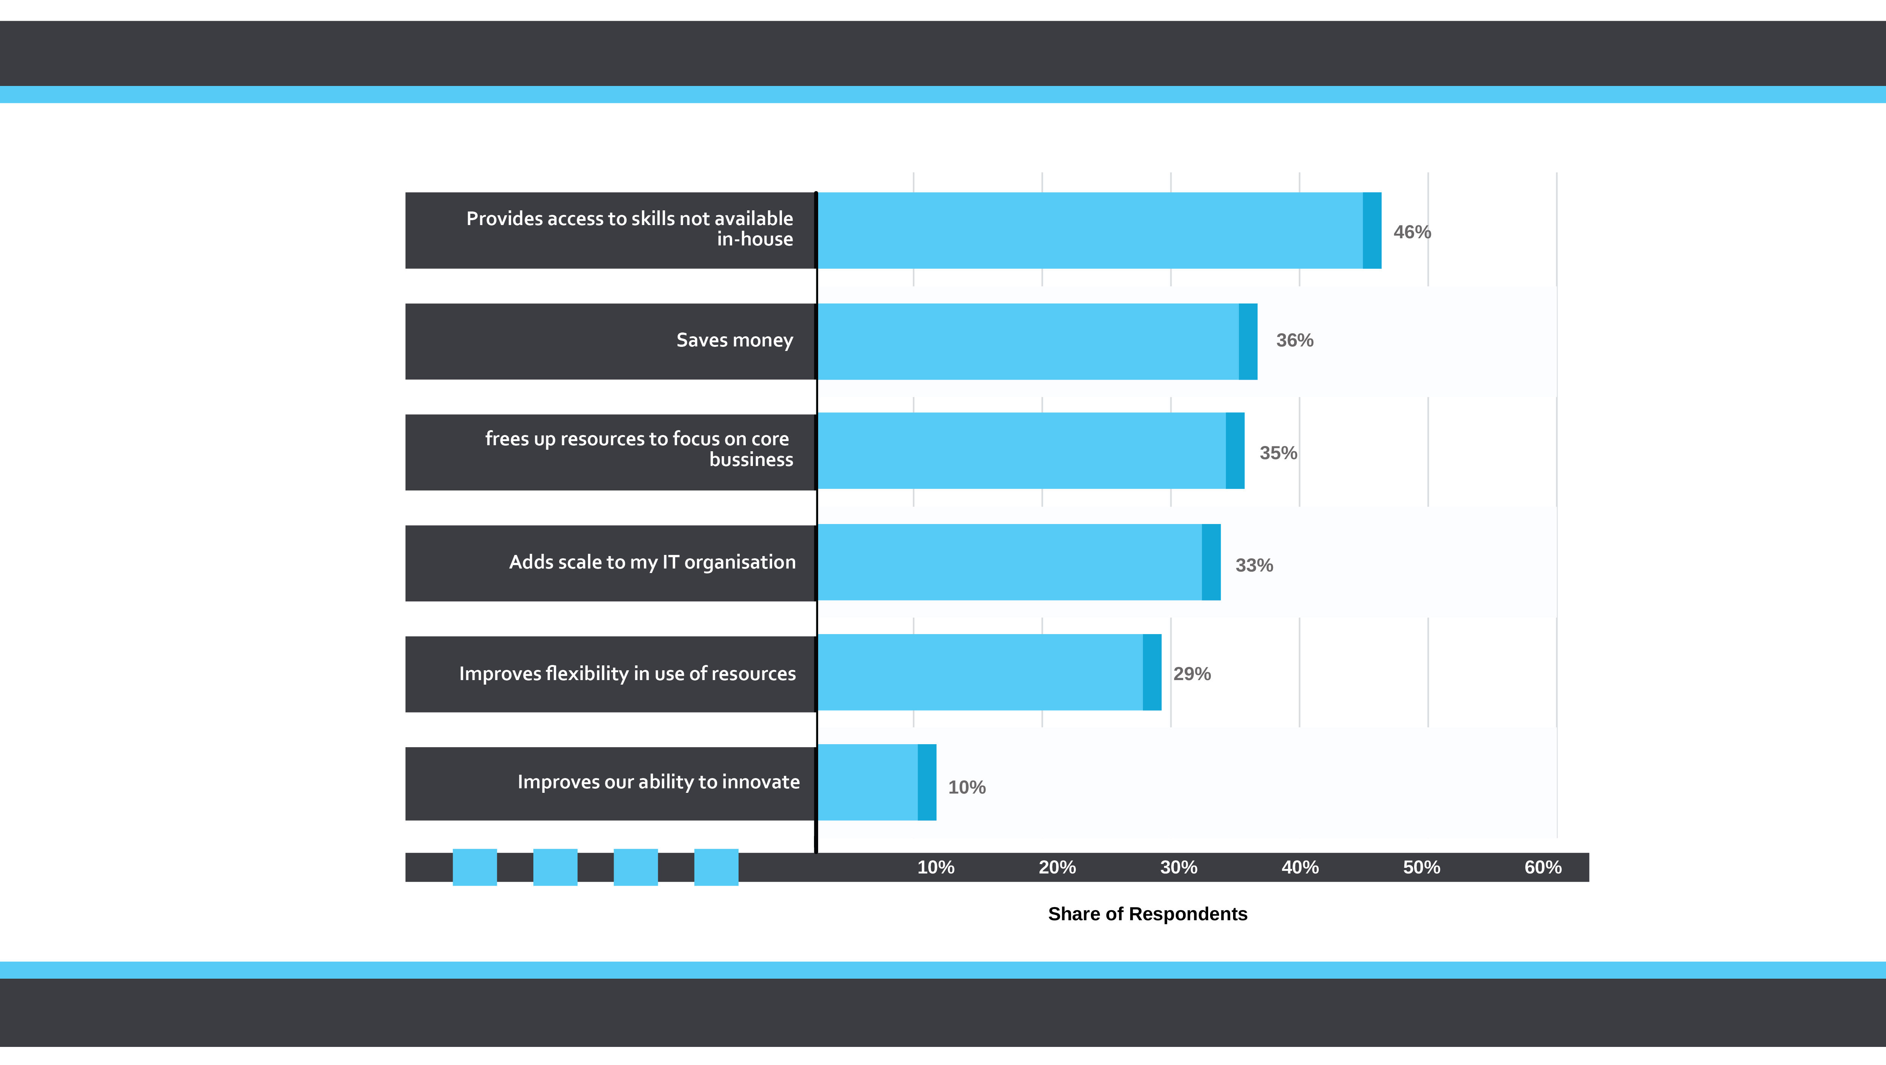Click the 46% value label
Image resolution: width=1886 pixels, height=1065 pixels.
[1411, 232]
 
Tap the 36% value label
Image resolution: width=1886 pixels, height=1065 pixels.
[1295, 340]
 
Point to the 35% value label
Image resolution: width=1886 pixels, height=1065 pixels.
[1278, 453]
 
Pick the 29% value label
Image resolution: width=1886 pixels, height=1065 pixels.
[1192, 674]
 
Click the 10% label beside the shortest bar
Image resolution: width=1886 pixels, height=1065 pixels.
[966, 788]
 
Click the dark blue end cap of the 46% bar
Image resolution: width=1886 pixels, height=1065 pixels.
[1372, 231]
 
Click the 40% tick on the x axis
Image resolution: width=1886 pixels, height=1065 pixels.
[1299, 867]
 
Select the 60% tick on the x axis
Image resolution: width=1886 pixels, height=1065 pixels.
[1543, 867]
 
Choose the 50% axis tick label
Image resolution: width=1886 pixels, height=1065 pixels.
[1421, 867]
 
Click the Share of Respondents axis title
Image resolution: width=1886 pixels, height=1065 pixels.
[1147, 914]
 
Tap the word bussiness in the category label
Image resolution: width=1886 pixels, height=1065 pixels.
[751, 460]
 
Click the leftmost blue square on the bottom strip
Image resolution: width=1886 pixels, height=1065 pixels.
[475, 867]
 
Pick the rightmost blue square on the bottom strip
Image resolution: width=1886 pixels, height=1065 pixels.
[716, 867]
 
